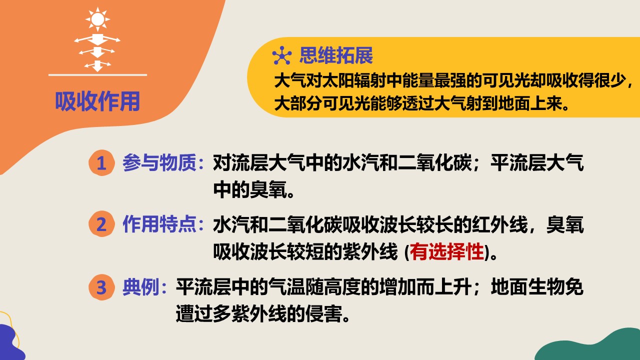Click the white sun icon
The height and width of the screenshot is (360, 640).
[x=97, y=19]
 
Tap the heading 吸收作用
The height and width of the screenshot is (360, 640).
[x=97, y=101]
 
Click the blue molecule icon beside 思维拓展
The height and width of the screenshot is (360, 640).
[x=282, y=55]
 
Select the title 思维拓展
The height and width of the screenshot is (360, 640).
[x=336, y=55]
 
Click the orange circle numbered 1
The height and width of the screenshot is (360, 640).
[x=101, y=163]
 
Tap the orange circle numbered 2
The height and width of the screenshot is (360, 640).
[x=101, y=224]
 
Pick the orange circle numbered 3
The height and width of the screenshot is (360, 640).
[x=101, y=287]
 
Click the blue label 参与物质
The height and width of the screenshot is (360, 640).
[x=159, y=163]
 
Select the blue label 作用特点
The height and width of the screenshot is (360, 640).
[x=159, y=224]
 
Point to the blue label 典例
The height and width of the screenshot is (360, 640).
[x=141, y=287]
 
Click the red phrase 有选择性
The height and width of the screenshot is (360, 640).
[x=447, y=251]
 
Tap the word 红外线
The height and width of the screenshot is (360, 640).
[x=499, y=224]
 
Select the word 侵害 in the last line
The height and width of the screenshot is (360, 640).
[x=323, y=313]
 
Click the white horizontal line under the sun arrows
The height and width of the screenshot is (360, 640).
[x=97, y=75]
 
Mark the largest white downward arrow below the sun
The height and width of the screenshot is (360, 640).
[x=97, y=39]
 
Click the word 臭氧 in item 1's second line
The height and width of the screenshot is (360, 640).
[x=268, y=189]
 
